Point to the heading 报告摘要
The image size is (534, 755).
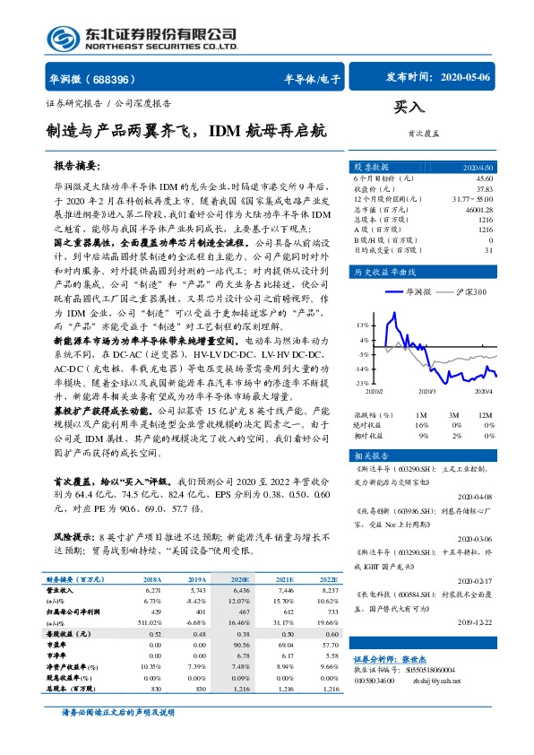tap(76, 167)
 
